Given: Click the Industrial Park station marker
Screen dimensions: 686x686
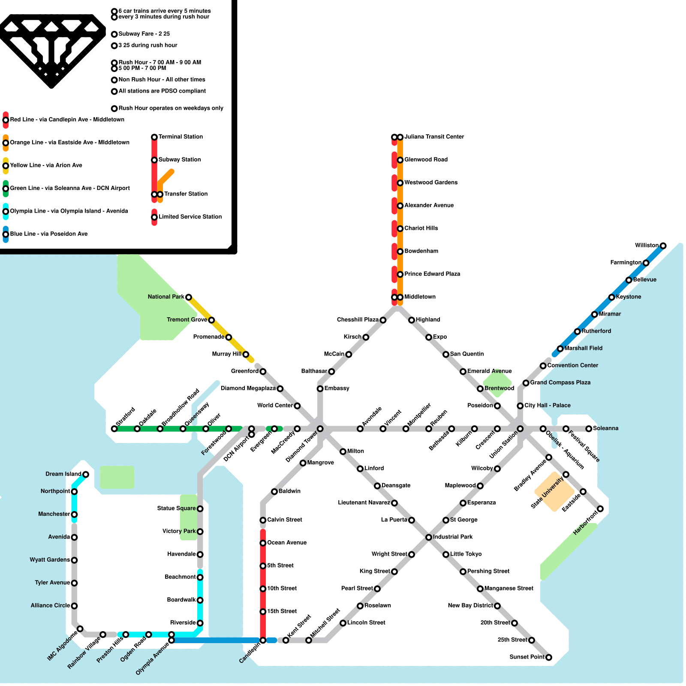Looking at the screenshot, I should click(x=429, y=537).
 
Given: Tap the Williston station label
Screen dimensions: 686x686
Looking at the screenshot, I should click(x=647, y=245).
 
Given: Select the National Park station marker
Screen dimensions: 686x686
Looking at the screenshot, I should click(x=188, y=297).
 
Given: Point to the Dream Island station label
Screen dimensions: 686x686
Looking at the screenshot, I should click(x=63, y=474).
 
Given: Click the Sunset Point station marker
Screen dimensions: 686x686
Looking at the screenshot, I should click(x=549, y=657).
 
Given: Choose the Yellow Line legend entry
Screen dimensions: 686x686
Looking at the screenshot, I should click(x=46, y=165).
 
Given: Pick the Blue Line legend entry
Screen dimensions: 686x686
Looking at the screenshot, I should click(x=48, y=234).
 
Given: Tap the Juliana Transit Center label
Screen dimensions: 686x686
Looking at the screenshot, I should click(x=434, y=137).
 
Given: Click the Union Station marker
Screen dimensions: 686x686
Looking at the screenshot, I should click(x=520, y=429).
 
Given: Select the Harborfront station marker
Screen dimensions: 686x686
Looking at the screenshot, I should click(x=600, y=509).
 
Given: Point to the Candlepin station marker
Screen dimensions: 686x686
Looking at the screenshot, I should click(x=263, y=641).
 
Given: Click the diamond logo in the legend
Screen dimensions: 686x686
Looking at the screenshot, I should click(x=51, y=49).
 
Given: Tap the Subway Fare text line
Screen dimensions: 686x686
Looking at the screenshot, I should click(x=144, y=34).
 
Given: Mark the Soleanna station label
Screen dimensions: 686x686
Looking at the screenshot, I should click(x=605, y=428).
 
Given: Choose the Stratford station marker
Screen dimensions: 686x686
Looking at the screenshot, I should click(x=114, y=429).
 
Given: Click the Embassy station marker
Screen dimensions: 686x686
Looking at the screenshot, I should click(x=320, y=389).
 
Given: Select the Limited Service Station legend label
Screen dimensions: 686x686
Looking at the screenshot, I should click(x=190, y=217).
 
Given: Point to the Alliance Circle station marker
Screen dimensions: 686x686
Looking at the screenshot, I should click(x=74, y=606).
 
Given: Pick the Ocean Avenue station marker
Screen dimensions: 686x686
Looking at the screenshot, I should click(x=263, y=543).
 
